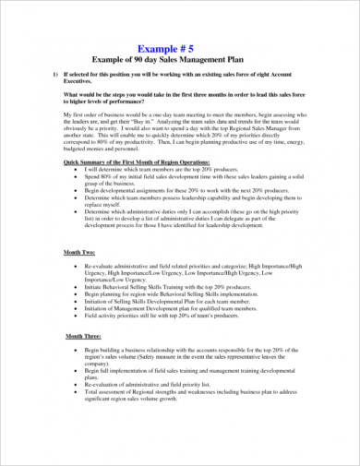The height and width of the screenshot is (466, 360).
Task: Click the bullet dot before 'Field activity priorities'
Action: click(x=74, y=312)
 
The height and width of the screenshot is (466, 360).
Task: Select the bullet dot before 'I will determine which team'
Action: click(x=74, y=167)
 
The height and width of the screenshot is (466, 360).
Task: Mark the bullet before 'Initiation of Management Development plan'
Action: click(x=74, y=305)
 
